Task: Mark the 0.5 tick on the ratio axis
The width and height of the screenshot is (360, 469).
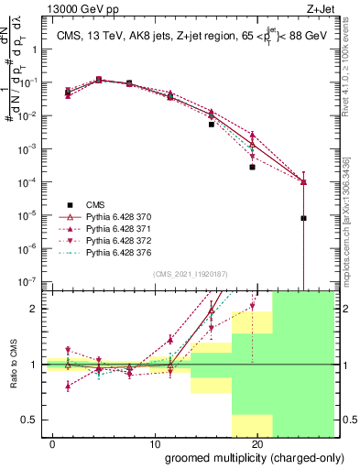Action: [x=28, y=420]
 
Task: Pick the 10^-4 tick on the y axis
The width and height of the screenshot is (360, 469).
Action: [x=26, y=181]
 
